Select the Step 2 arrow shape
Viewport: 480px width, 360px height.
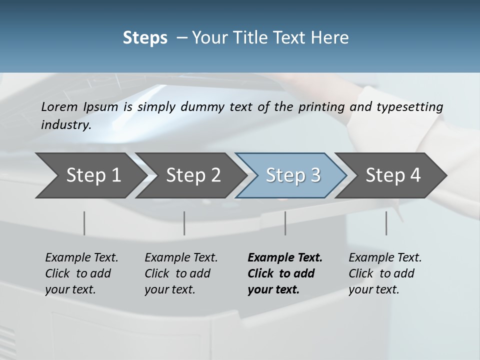pos(190,175)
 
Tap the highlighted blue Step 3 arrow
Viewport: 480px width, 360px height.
pos(291,175)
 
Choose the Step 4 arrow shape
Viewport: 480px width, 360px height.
pos(391,175)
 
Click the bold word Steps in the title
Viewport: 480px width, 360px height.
pos(145,37)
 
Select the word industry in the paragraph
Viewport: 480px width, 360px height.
pos(65,125)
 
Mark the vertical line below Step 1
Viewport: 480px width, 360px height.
pos(84,223)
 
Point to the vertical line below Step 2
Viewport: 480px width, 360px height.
pos(184,223)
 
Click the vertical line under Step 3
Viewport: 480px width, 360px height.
pos(285,223)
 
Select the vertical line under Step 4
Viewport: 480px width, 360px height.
pos(386,223)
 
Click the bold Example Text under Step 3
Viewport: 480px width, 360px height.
pos(285,258)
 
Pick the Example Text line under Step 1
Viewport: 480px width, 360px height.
pos(81,258)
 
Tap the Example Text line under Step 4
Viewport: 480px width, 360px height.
pos(385,258)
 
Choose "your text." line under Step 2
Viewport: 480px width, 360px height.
pos(169,289)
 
